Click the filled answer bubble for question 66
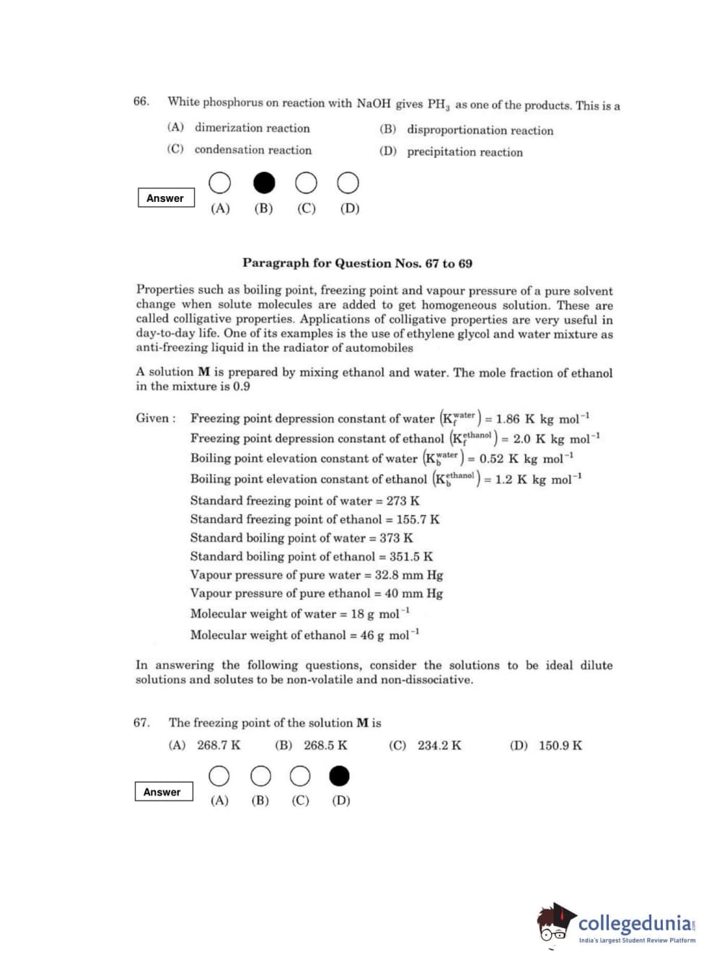coord(264,183)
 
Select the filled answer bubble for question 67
coord(339,776)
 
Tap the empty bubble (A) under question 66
coord(220,183)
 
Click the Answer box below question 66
coord(166,198)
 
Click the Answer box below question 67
coord(163,792)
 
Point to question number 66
coord(141,101)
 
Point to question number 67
coord(141,723)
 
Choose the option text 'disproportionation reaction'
coord(480,130)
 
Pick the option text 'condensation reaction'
coord(252,150)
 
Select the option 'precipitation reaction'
coord(465,152)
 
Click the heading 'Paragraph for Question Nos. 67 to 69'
coord(357,263)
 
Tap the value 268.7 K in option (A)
coord(219,745)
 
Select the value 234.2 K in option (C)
coord(439,745)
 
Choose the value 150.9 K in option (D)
coord(560,745)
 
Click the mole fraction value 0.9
coord(241,387)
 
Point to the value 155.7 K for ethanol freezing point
coord(418,519)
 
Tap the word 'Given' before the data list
coord(153,418)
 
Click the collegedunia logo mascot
coord(555,923)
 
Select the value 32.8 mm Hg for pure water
coord(408,575)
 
